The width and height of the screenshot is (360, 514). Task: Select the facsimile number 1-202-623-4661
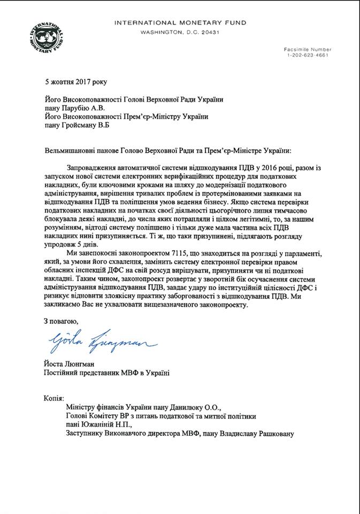(x=308, y=56)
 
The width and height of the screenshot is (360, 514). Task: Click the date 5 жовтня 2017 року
(x=75, y=82)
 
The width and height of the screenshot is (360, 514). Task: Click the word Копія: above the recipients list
(x=53, y=398)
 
